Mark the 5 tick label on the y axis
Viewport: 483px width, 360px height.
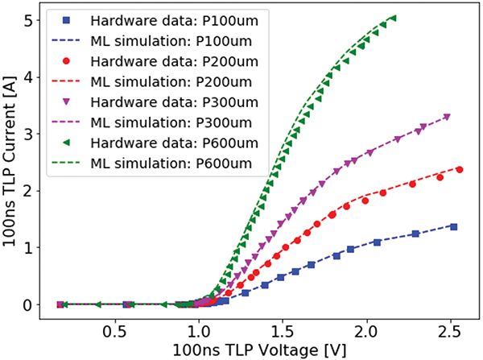29,21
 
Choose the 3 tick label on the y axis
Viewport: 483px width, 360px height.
29,134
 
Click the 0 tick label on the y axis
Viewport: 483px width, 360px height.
29,305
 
